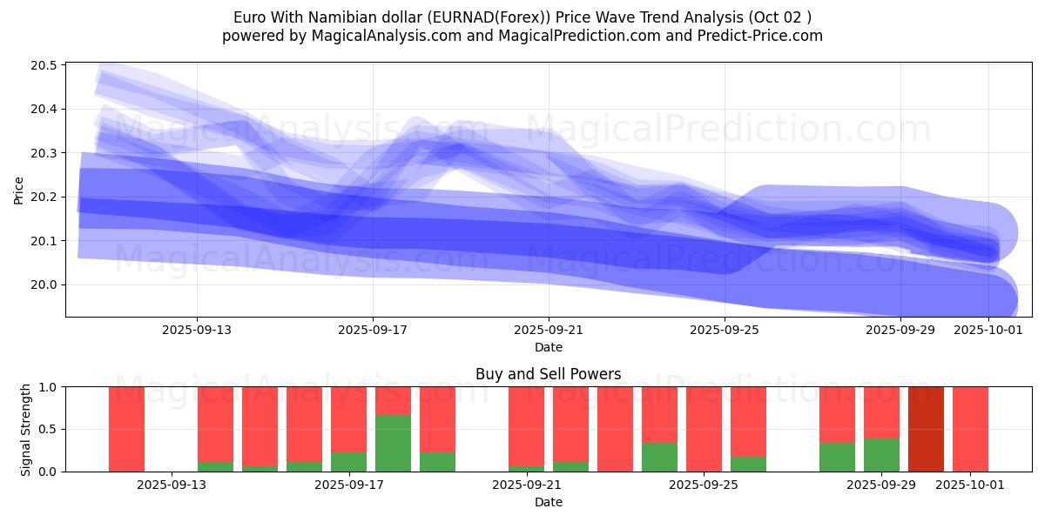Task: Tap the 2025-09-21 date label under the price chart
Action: pyautogui.click(x=549, y=330)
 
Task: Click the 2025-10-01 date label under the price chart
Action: pyautogui.click(x=988, y=330)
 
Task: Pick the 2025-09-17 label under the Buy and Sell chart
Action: pyautogui.click(x=348, y=485)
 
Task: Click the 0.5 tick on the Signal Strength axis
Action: pyautogui.click(x=49, y=429)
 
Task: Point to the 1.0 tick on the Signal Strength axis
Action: pyautogui.click(x=49, y=386)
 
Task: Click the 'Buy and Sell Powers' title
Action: pyautogui.click(x=549, y=374)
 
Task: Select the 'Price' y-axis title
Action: pyautogui.click(x=19, y=190)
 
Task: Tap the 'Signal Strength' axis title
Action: pyautogui.click(x=26, y=429)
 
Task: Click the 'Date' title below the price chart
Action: pyautogui.click(x=549, y=347)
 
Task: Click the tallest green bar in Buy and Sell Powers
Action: pyautogui.click(x=393, y=443)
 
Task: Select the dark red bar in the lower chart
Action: pyautogui.click(x=926, y=429)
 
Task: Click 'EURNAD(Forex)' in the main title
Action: pyautogui.click(x=487, y=17)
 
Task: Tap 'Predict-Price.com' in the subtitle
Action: pyautogui.click(x=762, y=36)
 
